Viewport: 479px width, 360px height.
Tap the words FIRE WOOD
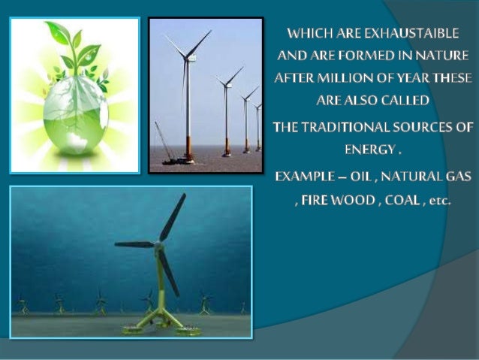(x=333, y=201)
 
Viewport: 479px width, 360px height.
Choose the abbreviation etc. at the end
(x=435, y=201)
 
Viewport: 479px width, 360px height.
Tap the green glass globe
(x=74, y=113)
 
